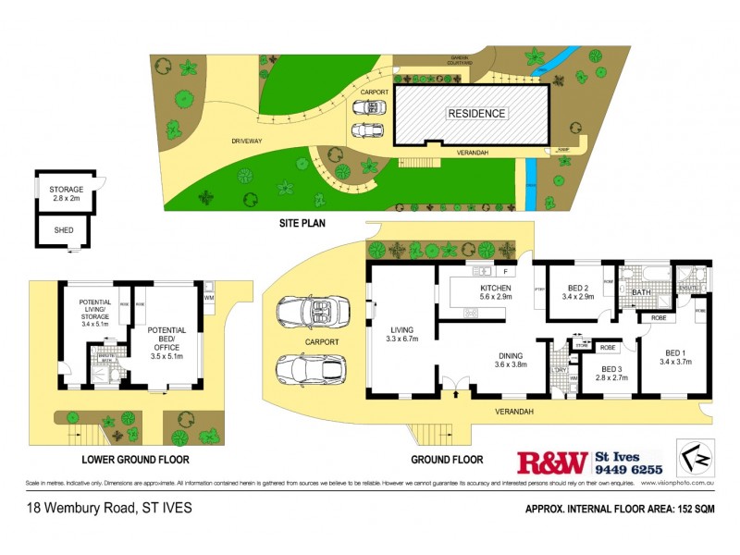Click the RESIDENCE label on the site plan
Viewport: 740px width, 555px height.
click(x=477, y=114)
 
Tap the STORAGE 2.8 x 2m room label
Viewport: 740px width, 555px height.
click(x=67, y=194)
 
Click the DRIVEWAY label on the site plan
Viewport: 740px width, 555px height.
click(x=250, y=142)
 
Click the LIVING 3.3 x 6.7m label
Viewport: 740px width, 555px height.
click(x=401, y=334)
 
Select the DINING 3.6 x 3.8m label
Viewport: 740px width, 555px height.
click(x=509, y=360)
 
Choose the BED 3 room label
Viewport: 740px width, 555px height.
click(x=610, y=374)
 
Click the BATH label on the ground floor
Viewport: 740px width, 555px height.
click(x=641, y=293)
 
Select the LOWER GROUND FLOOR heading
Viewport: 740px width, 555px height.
click(x=134, y=459)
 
